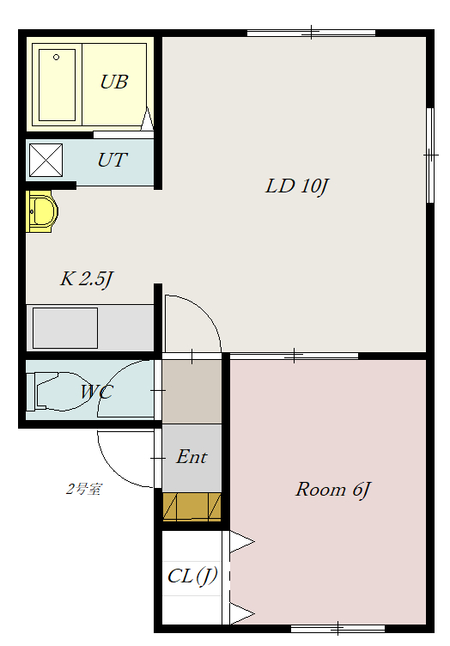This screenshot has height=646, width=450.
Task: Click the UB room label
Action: click(114, 82)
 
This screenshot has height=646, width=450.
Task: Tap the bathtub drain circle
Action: click(57, 58)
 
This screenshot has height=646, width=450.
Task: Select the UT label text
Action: click(112, 160)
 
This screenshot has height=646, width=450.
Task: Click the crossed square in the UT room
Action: click(46, 160)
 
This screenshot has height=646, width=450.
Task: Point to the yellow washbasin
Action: click(40, 211)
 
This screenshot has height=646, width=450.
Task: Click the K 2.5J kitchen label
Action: click(87, 279)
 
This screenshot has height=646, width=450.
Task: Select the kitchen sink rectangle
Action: click(65, 328)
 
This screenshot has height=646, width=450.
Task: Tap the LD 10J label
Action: click(297, 186)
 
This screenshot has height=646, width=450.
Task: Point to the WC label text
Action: click(96, 392)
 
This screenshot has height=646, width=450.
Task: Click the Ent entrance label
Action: click(192, 456)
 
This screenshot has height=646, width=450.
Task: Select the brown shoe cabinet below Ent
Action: click(192, 506)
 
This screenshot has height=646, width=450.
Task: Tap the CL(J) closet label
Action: click(192, 576)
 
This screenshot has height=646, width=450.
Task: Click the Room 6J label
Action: click(333, 490)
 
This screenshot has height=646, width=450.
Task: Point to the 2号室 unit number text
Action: click(83, 489)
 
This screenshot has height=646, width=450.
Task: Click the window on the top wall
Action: click(311, 33)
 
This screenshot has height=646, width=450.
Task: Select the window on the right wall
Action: click(430, 155)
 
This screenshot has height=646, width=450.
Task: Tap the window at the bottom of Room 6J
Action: click(337, 628)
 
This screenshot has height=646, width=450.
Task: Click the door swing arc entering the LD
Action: click(205, 312)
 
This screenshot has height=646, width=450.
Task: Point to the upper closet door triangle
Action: click(241, 542)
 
